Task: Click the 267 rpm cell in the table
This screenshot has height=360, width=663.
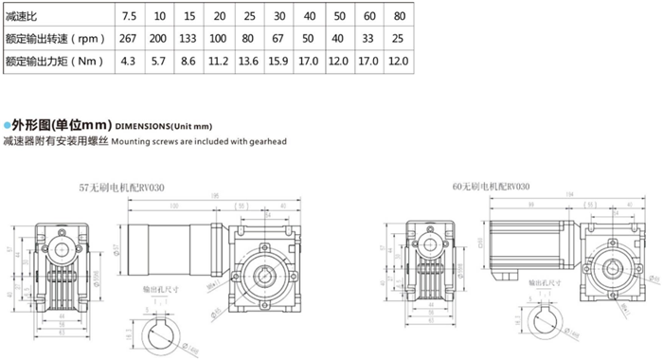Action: [129, 39]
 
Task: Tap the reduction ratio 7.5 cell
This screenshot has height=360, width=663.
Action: [129, 16]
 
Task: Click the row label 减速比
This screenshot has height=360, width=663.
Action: [21, 16]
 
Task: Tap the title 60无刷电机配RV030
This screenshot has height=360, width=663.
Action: [491, 186]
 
